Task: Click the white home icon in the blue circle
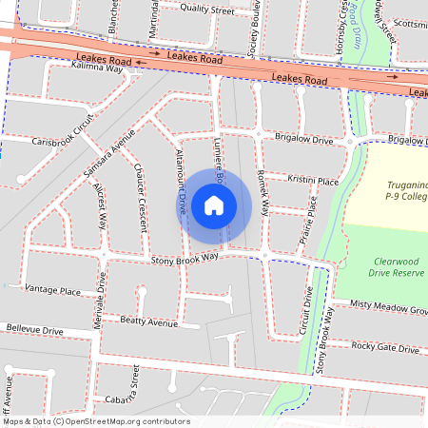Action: (214, 204)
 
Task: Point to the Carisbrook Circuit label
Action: (65, 132)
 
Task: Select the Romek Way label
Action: (263, 189)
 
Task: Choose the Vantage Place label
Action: (52, 288)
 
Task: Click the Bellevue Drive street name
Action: (33, 329)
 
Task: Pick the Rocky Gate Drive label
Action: (384, 348)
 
